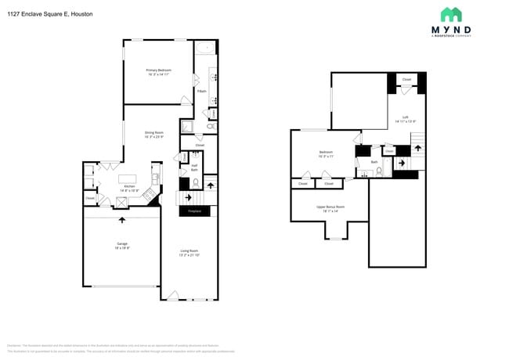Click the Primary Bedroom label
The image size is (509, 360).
[x=158, y=72]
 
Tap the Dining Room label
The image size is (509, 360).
[x=153, y=135]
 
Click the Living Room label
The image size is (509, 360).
[x=189, y=253]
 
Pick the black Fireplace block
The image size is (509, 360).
[x=194, y=211]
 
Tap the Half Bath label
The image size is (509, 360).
[x=194, y=167]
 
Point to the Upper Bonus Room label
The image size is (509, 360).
[x=330, y=208]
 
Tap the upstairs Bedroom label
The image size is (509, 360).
[x=326, y=153]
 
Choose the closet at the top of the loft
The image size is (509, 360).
[x=406, y=80]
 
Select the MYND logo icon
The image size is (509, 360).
[x=450, y=15]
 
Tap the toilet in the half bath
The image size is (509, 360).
[x=195, y=184]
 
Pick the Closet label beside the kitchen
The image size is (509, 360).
[x=89, y=199]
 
